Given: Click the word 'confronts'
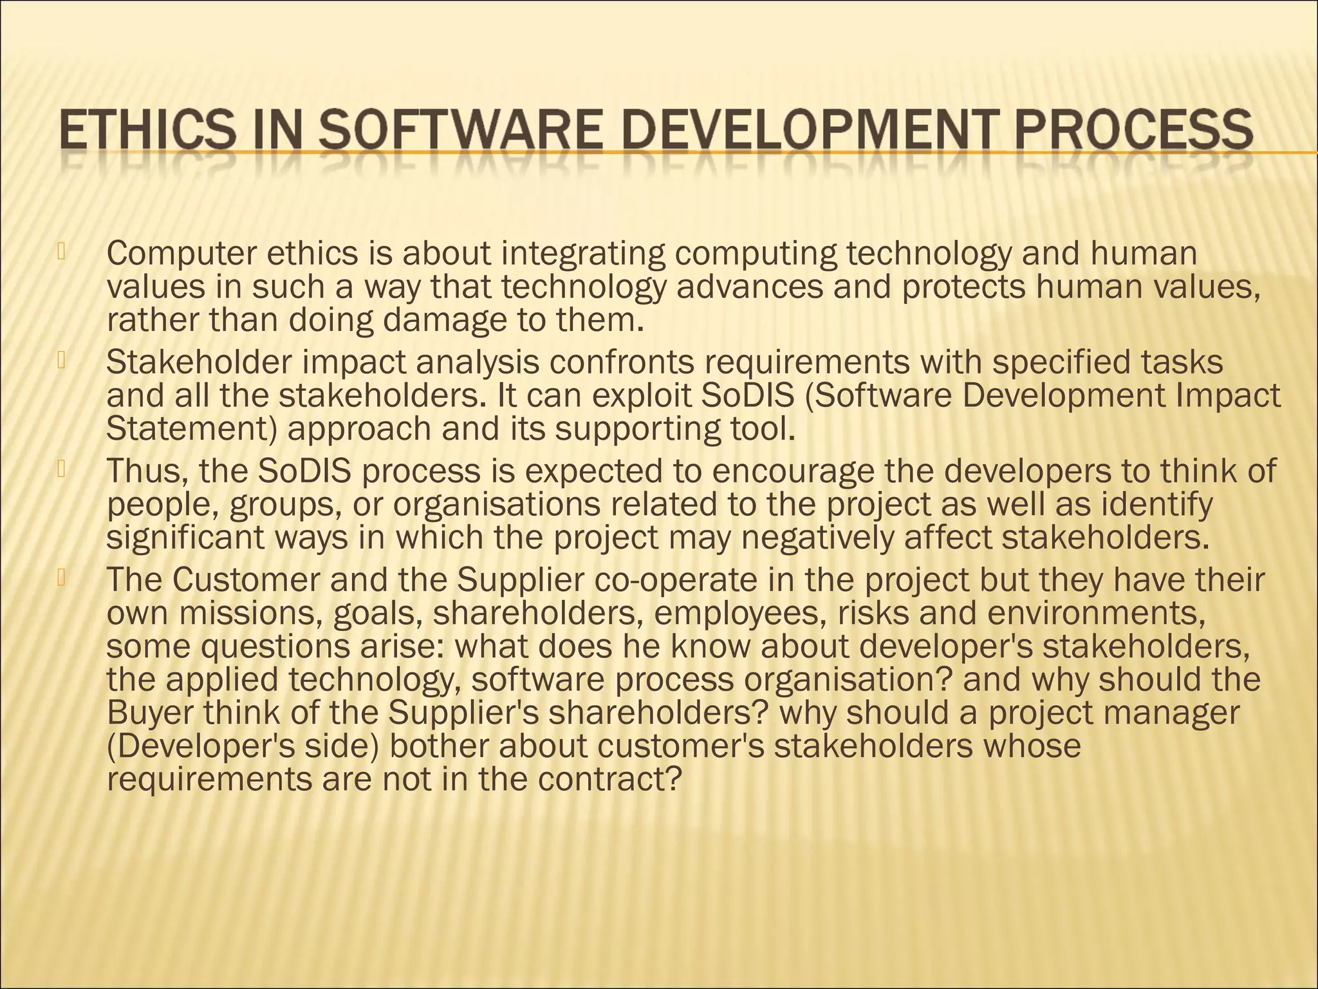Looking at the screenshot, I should click(x=622, y=363).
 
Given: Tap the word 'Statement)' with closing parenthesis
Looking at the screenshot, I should click(x=191, y=429).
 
